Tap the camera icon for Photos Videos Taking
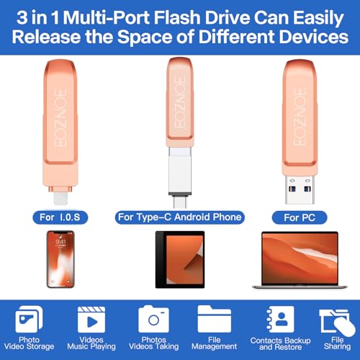click(x=154, y=320)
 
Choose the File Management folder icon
click(x=214, y=319)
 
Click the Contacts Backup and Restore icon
click(x=277, y=319)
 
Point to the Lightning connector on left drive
click(x=60, y=192)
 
